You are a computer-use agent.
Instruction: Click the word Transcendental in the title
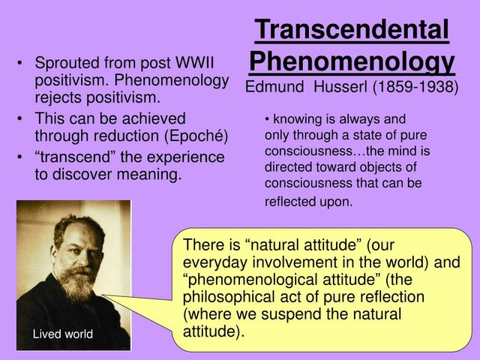352,30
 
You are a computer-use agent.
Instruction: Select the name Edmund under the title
276,86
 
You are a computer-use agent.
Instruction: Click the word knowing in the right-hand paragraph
295,118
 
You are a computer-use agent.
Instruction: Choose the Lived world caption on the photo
63,334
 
